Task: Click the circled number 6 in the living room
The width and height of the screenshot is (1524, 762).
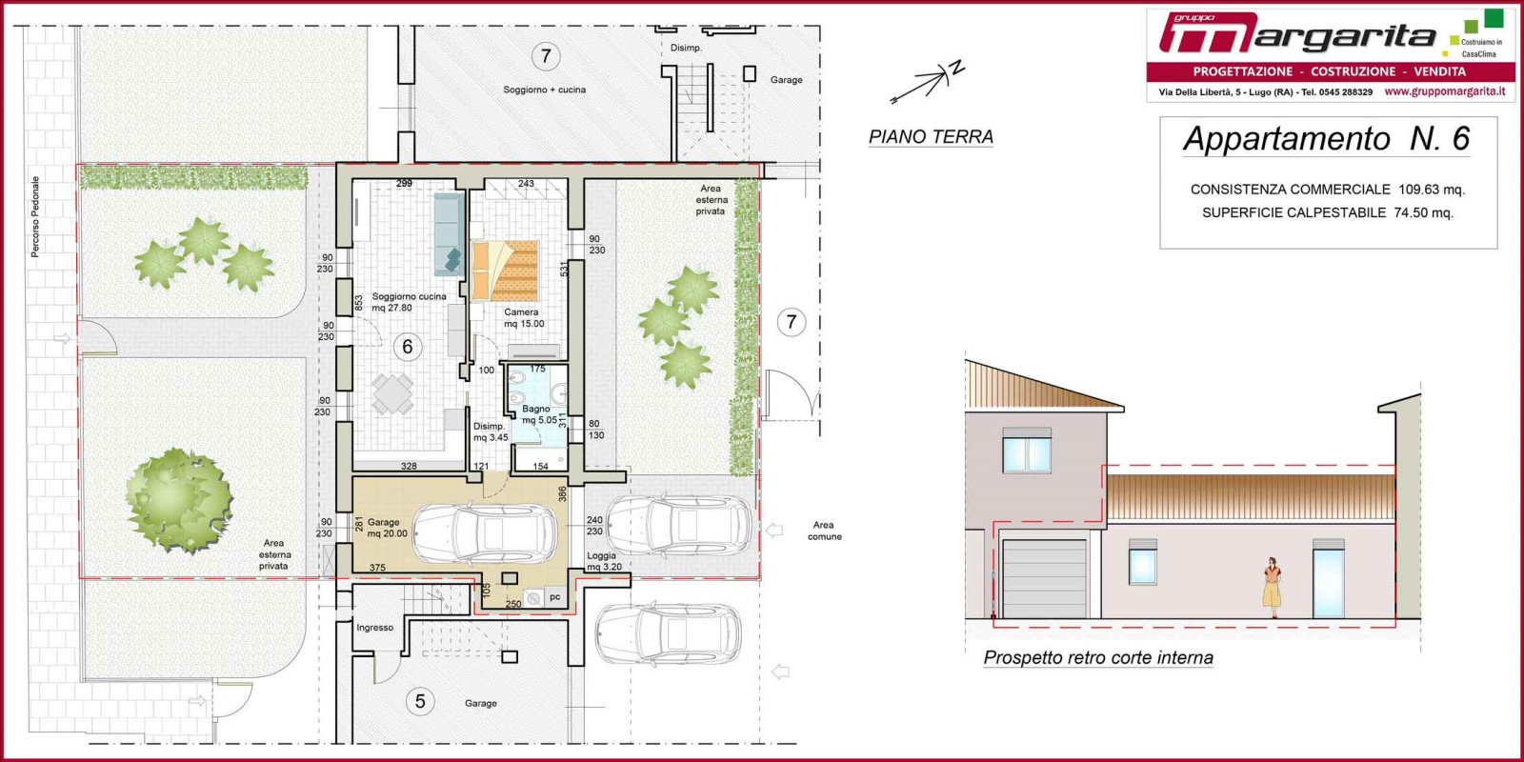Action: pyautogui.click(x=407, y=347)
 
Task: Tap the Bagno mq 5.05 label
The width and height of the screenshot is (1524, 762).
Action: pyautogui.click(x=539, y=414)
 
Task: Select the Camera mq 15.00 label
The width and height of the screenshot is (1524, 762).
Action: pyautogui.click(x=524, y=318)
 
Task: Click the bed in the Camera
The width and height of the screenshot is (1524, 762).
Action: pyautogui.click(x=505, y=271)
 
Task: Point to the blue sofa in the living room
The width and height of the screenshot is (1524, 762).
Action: pyautogui.click(x=449, y=234)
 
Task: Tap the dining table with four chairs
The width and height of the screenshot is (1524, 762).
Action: pyautogui.click(x=392, y=394)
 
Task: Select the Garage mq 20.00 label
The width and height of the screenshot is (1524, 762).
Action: pyautogui.click(x=387, y=528)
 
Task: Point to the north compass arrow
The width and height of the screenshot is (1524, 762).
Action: pyautogui.click(x=928, y=82)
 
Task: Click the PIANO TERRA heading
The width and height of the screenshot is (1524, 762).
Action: pyautogui.click(x=931, y=137)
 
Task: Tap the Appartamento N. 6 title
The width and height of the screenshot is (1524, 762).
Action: pyautogui.click(x=1327, y=138)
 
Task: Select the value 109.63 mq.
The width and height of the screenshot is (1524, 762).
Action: pyautogui.click(x=1432, y=190)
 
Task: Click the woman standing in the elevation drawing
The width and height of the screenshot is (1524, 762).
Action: pyautogui.click(x=1273, y=587)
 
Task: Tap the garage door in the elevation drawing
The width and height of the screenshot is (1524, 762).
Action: pyautogui.click(x=1044, y=579)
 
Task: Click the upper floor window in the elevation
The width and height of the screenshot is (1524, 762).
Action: pyautogui.click(x=1027, y=451)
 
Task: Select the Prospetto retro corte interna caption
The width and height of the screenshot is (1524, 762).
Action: pyautogui.click(x=1098, y=658)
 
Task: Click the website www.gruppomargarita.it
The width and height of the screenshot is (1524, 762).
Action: pyautogui.click(x=1444, y=91)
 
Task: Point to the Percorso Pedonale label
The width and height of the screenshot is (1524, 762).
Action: pyautogui.click(x=35, y=217)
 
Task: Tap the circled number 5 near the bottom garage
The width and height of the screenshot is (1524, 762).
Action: pyautogui.click(x=420, y=701)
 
